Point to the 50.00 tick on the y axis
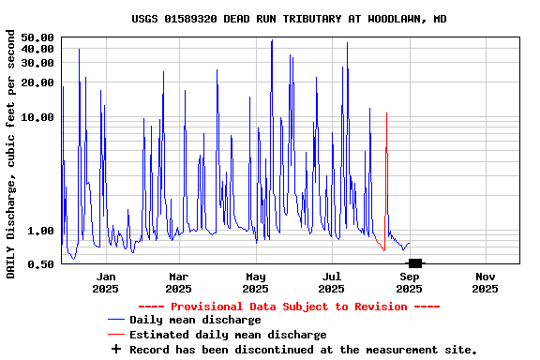[x=37, y=37]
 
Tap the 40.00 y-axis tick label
[x=37, y=49]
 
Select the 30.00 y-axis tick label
[x=37, y=63]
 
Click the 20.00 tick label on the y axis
[x=37, y=82]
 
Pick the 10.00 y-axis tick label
[x=37, y=117]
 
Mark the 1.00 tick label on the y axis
[x=41, y=231]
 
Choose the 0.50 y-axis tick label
[x=41, y=264]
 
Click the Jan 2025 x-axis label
[x=106, y=282]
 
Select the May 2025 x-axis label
[x=256, y=282]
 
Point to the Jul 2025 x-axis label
[x=332, y=282]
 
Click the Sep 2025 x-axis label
[x=409, y=282]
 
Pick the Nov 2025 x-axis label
[x=485, y=282]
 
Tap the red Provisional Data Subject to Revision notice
[x=289, y=307]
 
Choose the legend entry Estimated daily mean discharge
[x=228, y=335]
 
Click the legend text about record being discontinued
[x=303, y=349]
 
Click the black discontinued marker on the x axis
[x=415, y=263]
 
